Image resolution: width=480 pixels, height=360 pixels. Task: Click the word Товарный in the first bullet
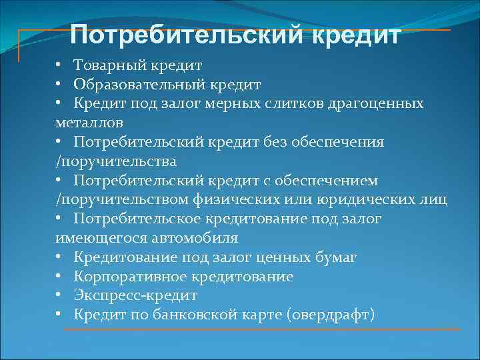click(109, 66)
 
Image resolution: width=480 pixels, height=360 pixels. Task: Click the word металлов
click(89, 123)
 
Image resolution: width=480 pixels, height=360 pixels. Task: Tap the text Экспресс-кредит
click(136, 295)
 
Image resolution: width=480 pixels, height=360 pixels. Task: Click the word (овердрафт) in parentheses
click(331, 315)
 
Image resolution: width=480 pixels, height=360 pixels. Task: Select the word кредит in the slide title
click(359, 34)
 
